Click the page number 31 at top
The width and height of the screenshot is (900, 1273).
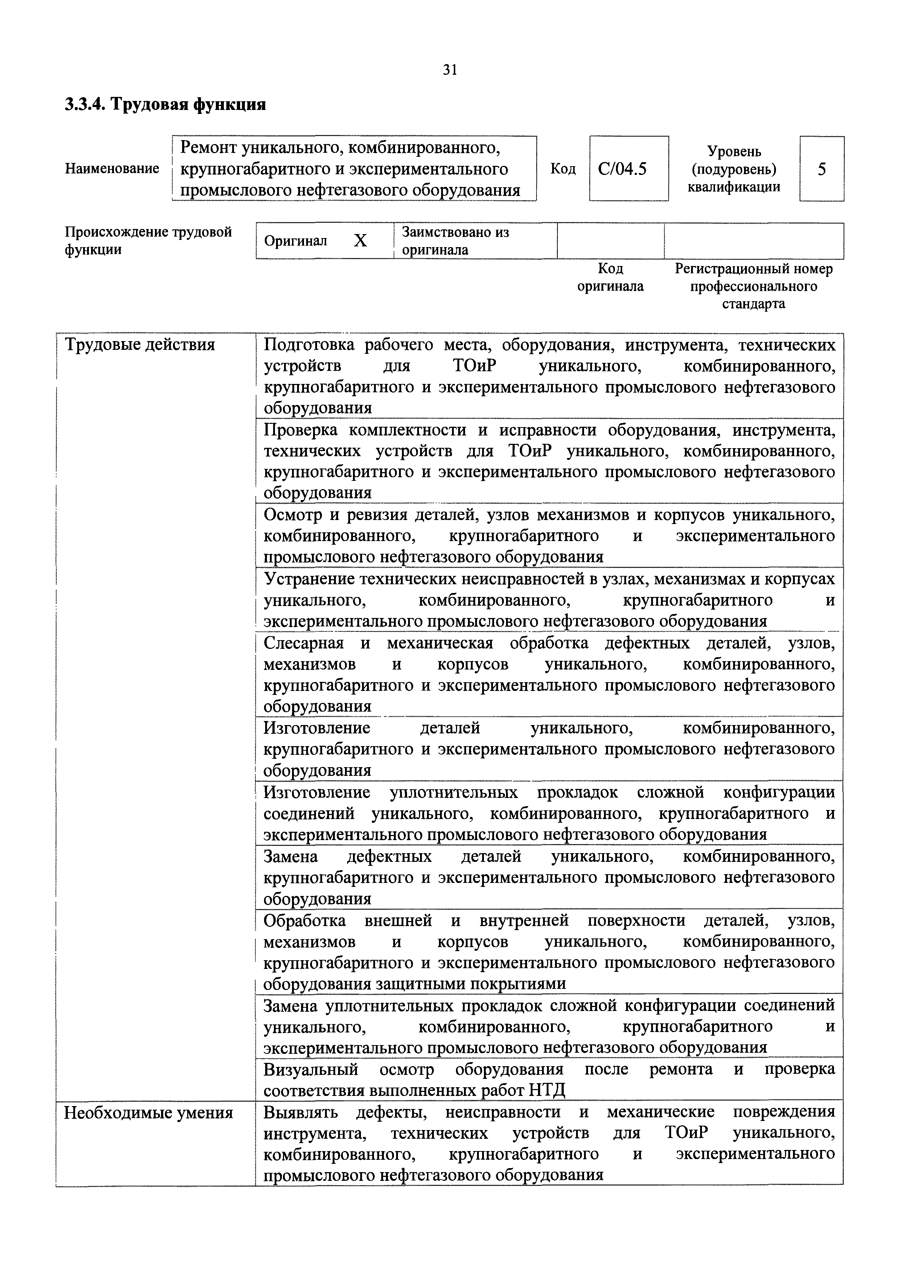[450, 70]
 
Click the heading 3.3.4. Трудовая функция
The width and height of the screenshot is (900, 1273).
[165, 104]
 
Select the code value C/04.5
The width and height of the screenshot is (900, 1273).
[622, 168]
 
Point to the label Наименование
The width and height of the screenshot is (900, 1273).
[112, 168]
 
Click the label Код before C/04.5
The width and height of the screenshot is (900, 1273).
[563, 168]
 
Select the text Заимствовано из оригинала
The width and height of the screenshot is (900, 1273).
[455, 241]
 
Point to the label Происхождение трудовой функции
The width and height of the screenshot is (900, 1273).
[148, 240]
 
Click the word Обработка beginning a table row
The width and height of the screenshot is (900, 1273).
[304, 920]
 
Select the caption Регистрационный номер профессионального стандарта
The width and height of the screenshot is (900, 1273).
[753, 286]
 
